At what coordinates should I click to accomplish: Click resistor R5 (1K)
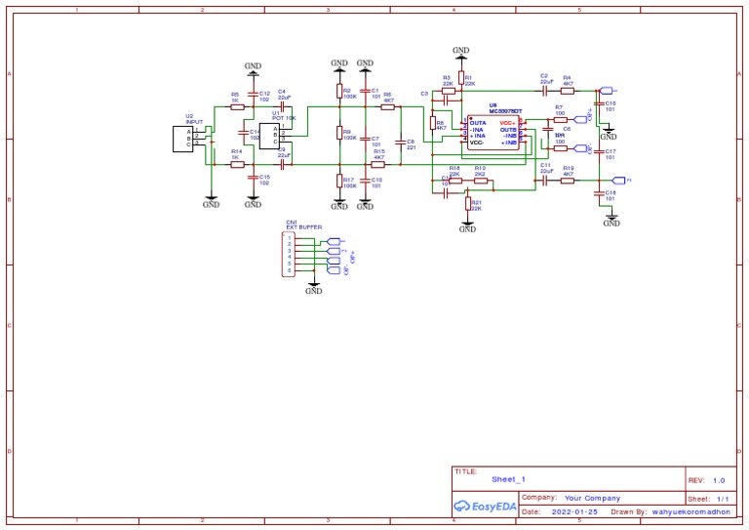(236, 106)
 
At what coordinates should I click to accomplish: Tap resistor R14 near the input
(236, 165)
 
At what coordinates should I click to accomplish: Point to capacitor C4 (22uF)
(283, 105)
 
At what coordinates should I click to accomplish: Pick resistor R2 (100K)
(338, 93)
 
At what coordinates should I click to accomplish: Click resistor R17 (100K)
(338, 182)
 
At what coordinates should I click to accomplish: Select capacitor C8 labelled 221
(399, 143)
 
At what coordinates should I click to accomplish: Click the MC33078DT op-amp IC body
(493, 133)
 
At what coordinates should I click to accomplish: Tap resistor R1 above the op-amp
(460, 79)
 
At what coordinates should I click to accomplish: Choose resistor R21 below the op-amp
(467, 205)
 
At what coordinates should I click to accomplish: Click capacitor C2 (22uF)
(545, 89)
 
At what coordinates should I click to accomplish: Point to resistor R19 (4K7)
(569, 181)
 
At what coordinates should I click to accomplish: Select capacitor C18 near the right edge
(599, 194)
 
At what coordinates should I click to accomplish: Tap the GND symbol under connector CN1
(313, 288)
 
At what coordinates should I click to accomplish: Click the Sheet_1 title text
(509, 479)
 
